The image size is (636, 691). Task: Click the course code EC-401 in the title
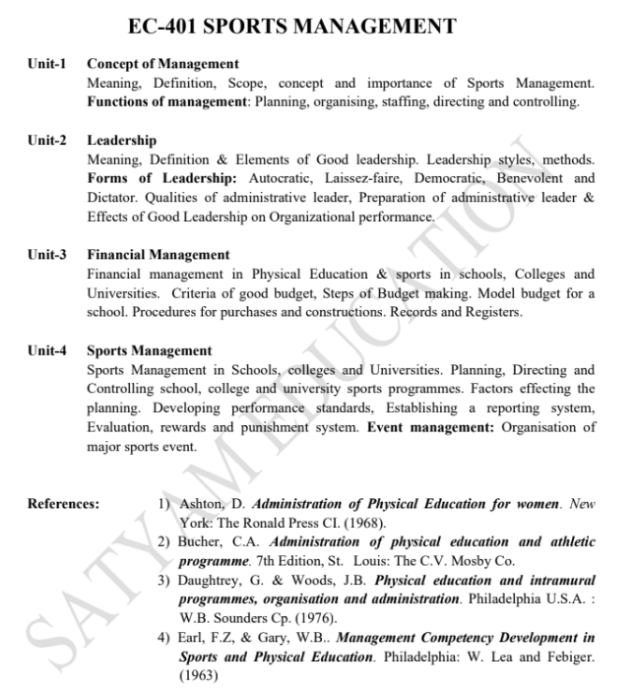[x=167, y=27]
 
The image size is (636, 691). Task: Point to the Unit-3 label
[x=46, y=255]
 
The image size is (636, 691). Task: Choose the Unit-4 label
[x=46, y=350]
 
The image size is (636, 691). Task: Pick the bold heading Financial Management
[x=158, y=255]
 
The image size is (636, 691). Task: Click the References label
[x=63, y=504]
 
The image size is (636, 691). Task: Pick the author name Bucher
[x=200, y=541]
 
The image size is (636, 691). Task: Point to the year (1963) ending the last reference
[x=199, y=675]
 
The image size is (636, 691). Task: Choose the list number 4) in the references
[x=164, y=638]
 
